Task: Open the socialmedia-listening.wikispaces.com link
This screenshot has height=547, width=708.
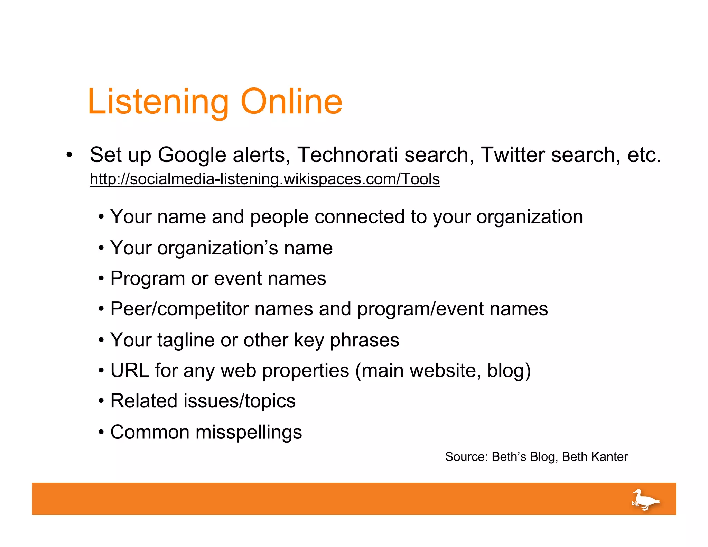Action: coord(264,179)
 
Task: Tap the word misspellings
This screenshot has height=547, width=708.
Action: coord(249,432)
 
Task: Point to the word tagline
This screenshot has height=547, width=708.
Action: coord(186,340)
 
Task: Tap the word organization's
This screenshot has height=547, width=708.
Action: coord(217,248)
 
